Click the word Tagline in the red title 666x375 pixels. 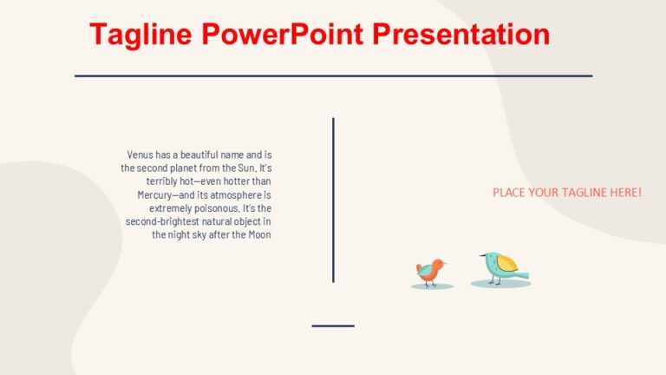[140, 35]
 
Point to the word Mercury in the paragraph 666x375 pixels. [157, 194]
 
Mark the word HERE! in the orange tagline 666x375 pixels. [626, 192]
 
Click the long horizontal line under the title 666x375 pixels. [333, 76]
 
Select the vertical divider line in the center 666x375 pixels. [333, 200]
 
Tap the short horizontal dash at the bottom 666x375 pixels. [333, 326]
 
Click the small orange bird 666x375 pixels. [430, 272]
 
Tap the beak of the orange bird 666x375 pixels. [445, 262]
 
